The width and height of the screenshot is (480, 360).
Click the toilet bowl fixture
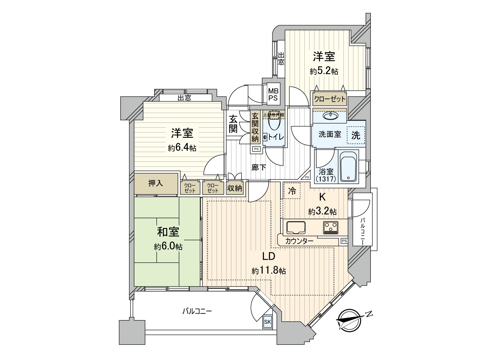point(273,123)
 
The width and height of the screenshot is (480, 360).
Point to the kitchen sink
point(296,228)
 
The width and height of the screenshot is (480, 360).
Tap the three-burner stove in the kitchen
point(331,227)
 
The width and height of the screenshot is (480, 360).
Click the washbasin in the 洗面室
point(329,115)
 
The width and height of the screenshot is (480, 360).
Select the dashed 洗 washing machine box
point(356,135)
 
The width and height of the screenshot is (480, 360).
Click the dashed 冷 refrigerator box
point(292,191)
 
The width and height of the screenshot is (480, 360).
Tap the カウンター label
point(299,241)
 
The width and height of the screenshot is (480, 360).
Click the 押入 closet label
point(156,183)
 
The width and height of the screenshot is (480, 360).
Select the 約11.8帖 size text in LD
point(268,271)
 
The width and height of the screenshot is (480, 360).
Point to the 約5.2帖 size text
point(324,71)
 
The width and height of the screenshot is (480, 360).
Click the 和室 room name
point(168,232)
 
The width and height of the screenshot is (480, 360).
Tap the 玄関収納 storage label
point(255,127)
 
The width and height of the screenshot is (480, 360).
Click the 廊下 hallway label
point(259,167)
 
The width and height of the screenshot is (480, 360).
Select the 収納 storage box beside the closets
point(235,188)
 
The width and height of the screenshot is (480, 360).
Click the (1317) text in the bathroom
point(326,179)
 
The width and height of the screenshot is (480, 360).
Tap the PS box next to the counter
point(344,241)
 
